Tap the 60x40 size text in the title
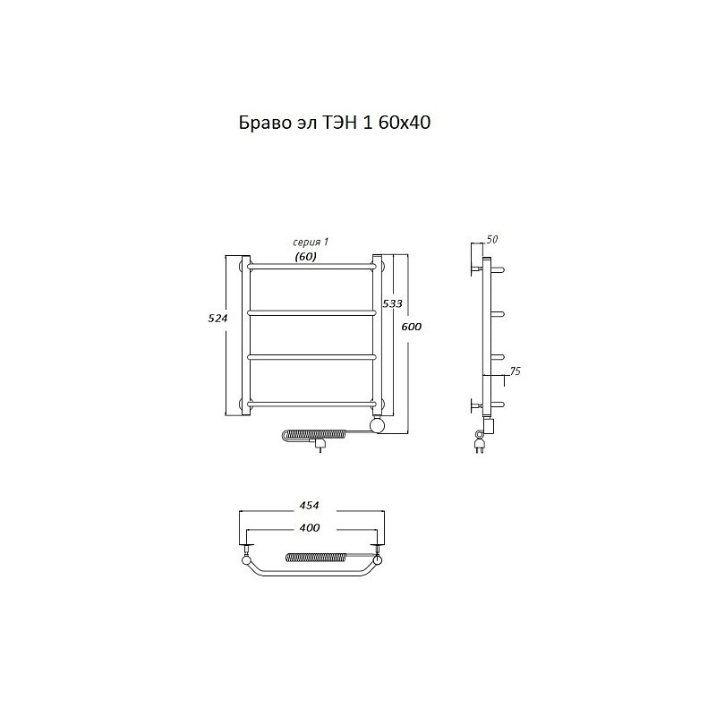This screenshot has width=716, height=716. [405, 123]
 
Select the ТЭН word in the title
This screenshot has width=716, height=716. [340, 123]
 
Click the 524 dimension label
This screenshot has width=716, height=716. [217, 319]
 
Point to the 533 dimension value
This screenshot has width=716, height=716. [393, 303]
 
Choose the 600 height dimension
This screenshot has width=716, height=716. [412, 327]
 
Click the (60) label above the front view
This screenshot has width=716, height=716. [305, 257]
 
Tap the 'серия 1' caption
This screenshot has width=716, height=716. [311, 243]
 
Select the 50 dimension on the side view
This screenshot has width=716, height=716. [491, 239]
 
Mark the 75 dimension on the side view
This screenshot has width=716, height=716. [515, 371]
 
